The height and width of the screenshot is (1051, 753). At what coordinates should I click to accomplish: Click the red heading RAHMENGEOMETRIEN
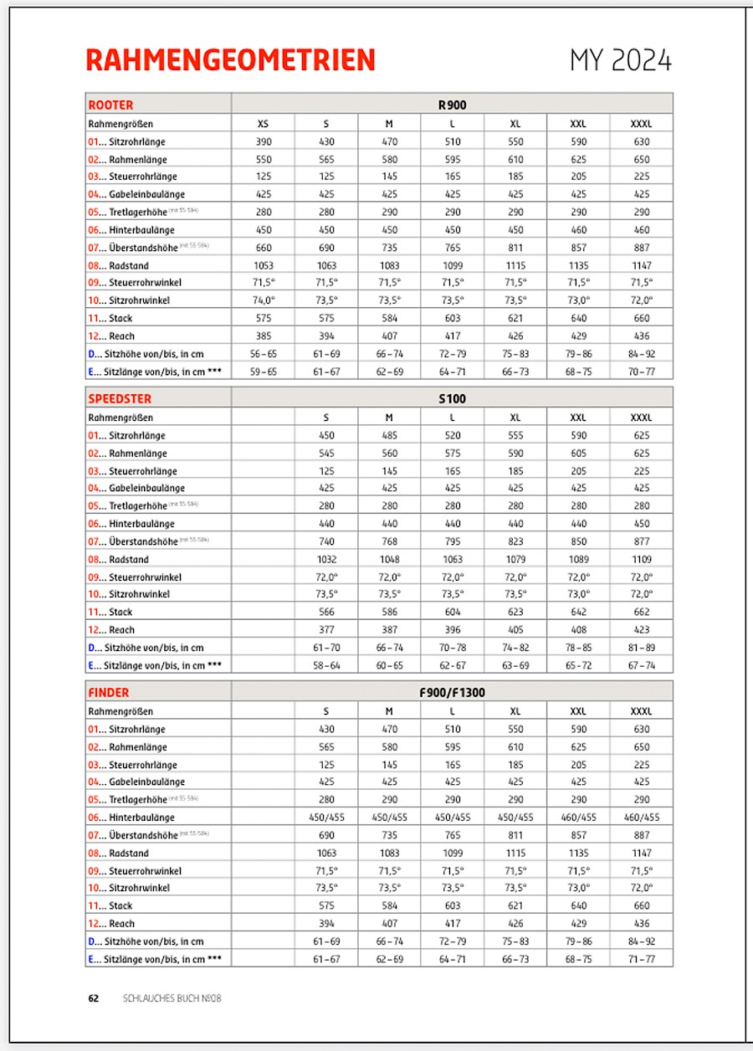click(x=230, y=60)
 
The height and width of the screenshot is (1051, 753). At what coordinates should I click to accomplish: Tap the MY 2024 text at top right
click(x=621, y=60)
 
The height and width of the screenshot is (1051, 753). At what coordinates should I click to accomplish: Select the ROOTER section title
click(x=110, y=105)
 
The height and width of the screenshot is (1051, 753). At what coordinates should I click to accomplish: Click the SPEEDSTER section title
click(x=120, y=399)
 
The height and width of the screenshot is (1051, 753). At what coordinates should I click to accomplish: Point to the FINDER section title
click(x=109, y=693)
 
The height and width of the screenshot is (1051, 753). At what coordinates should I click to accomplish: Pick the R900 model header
click(x=452, y=105)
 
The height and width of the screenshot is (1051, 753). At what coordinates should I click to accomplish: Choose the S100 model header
click(x=452, y=399)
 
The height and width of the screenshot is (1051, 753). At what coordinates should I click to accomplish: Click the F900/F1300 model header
click(x=452, y=693)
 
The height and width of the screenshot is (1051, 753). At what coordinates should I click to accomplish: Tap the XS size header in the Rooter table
click(x=264, y=124)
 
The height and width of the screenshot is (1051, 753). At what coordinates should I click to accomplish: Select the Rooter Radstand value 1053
click(x=264, y=265)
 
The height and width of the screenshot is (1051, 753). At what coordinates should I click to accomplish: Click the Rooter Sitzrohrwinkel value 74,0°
click(x=264, y=300)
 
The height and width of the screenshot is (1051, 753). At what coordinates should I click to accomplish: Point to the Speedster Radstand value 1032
click(x=326, y=559)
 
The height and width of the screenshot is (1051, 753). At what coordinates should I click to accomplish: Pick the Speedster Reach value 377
click(x=326, y=629)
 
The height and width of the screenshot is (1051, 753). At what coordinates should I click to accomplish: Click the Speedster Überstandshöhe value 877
click(x=642, y=541)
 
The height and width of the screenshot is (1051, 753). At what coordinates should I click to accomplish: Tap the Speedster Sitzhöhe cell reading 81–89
click(x=642, y=648)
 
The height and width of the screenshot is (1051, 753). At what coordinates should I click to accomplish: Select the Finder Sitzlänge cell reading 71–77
click(x=642, y=959)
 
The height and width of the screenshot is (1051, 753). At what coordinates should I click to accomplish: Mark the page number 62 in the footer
click(x=94, y=998)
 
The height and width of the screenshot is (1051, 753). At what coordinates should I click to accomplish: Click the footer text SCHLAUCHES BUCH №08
click(x=172, y=998)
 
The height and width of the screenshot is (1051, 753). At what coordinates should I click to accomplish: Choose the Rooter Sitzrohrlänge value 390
click(x=264, y=142)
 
